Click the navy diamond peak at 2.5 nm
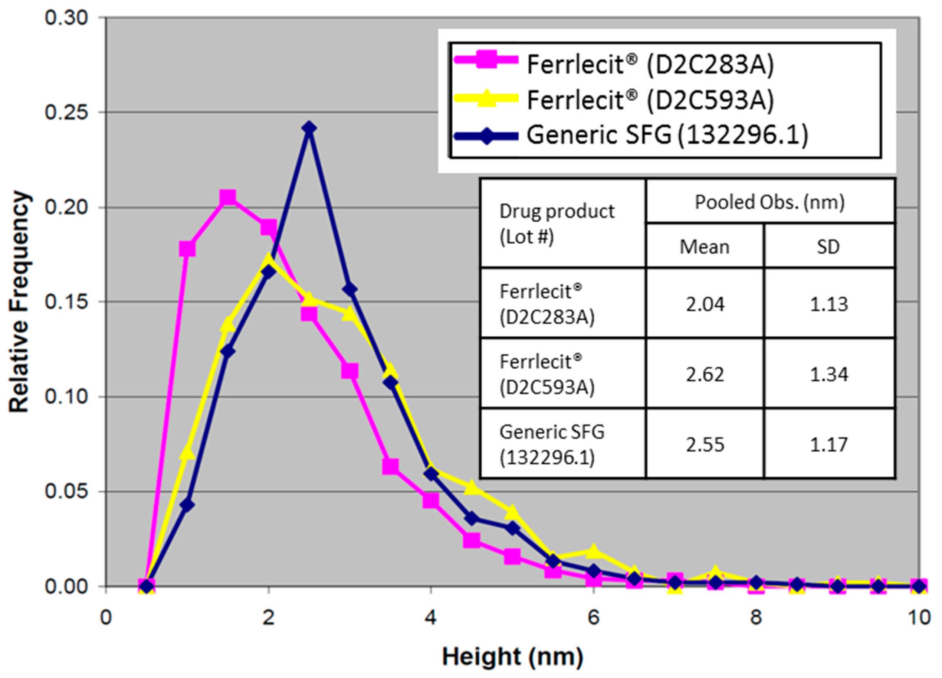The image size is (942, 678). tap(308, 128)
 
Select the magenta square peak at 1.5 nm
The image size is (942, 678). tap(227, 198)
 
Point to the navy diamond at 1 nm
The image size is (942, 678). tap(187, 505)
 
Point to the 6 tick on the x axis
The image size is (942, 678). tap(594, 618)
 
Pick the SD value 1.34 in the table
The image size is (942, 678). tap(828, 375)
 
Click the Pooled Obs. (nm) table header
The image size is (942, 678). tap(769, 202)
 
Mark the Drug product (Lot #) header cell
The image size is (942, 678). tap(557, 224)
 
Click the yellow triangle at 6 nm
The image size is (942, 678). tap(594, 552)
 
